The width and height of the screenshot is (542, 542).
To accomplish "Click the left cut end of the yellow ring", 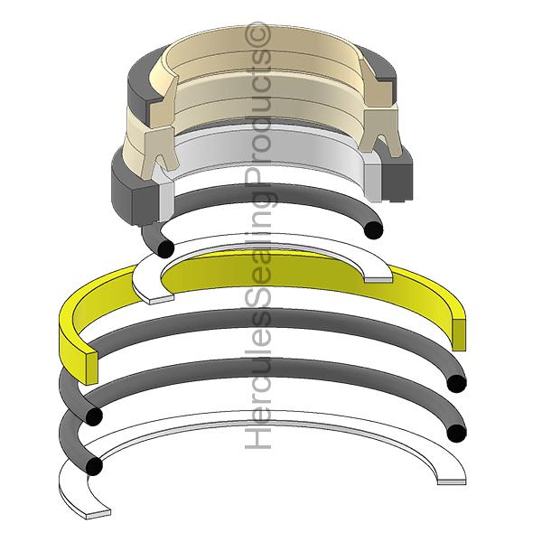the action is pos(91,369).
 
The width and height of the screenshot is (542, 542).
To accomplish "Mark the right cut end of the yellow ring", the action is pos(458,334).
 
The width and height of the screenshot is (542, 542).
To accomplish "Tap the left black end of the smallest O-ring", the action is pos(165,249).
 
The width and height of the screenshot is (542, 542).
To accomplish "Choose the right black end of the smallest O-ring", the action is pos(374,229).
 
